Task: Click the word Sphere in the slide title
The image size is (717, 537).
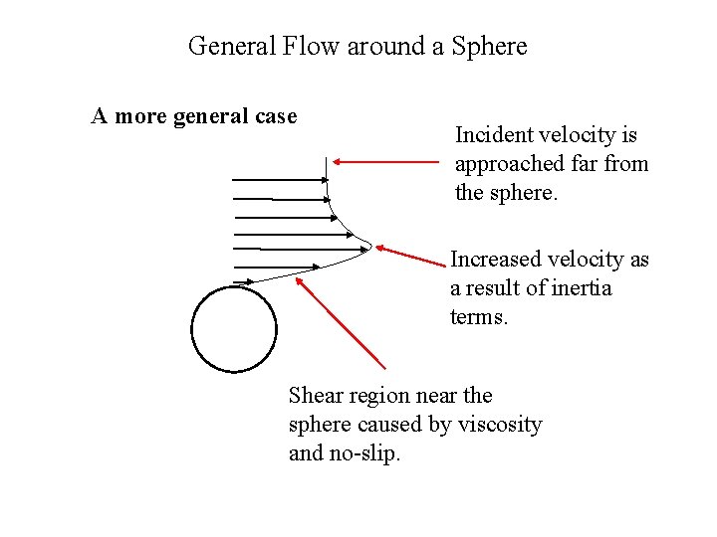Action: tap(489, 46)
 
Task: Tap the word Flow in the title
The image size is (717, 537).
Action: tap(313, 46)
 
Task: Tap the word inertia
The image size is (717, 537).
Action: tap(578, 288)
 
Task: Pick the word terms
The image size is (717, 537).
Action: tap(480, 317)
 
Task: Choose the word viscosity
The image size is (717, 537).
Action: tap(500, 425)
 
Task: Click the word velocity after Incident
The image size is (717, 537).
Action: tap(580, 135)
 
